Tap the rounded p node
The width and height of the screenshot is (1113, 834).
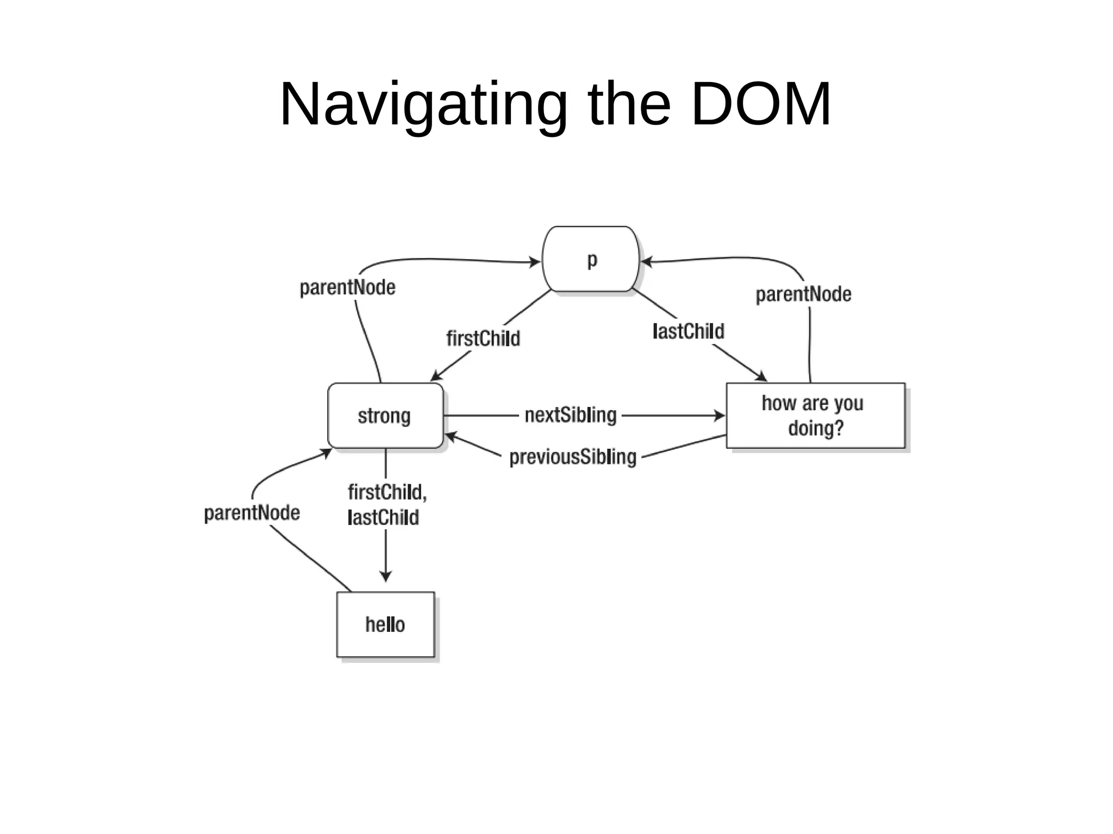click(x=591, y=259)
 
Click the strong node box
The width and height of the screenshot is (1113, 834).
click(x=385, y=416)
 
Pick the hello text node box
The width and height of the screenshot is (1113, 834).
click(x=385, y=624)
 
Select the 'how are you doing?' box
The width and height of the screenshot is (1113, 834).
click(x=815, y=416)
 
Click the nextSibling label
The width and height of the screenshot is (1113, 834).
click(x=571, y=416)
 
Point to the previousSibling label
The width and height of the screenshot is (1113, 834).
click(x=573, y=457)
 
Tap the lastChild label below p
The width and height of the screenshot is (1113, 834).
click(x=689, y=331)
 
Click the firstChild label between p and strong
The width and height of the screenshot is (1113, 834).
click(x=483, y=338)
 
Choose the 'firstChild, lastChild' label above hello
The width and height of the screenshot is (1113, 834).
click(x=386, y=505)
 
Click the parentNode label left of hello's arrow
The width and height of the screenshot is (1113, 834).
click(x=252, y=513)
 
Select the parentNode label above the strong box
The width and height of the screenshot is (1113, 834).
click(x=348, y=287)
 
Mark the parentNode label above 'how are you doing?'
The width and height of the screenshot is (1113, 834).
click(x=803, y=294)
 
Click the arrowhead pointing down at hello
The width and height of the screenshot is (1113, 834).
click(x=386, y=577)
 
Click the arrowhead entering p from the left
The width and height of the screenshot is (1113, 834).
click(x=535, y=262)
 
